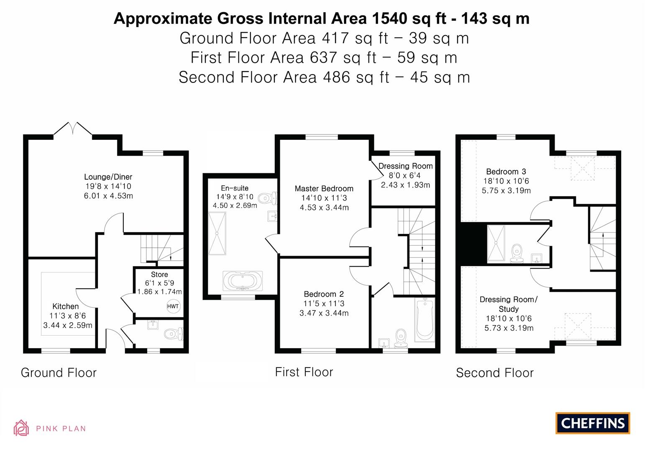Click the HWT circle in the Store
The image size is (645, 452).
click(173, 306)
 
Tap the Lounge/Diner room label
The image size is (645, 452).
click(108, 177)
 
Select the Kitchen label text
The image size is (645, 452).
click(65, 306)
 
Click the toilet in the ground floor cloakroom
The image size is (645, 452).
click(173, 334)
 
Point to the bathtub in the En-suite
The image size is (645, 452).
click(243, 281)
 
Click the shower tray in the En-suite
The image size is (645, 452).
click(217, 233)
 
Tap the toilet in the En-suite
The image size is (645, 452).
click(267, 198)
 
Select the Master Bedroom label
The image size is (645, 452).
click(324, 189)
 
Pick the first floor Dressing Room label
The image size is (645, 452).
click(405, 166)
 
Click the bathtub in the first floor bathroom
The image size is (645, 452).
click(425, 320)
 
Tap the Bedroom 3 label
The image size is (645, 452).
click(506, 172)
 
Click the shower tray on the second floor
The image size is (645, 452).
click(496, 243)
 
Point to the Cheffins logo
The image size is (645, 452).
click(592, 423)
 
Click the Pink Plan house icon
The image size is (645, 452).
click(21, 428)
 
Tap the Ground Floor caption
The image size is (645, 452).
click(59, 373)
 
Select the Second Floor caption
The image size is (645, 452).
click(494, 373)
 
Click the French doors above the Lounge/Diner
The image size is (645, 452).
click(73, 129)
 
